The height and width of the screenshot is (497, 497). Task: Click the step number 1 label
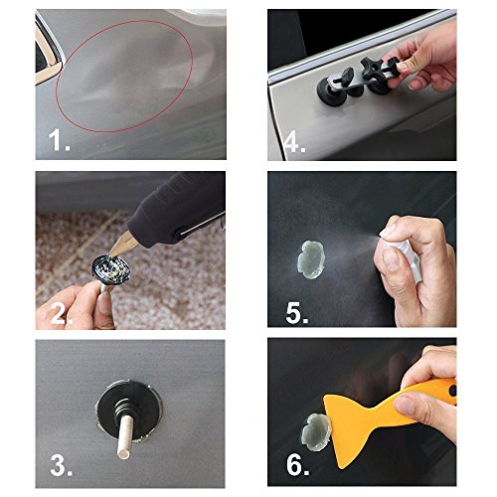click(x=59, y=140)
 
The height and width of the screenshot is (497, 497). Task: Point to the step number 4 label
click(x=294, y=143)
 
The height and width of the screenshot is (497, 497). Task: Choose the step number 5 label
click(x=296, y=312)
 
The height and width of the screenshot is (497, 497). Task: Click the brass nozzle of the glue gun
click(x=124, y=246)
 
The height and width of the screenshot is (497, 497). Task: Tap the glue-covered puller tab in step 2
click(x=111, y=269)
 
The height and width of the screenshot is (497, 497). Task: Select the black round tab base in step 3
click(x=129, y=411)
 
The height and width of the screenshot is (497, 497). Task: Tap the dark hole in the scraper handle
click(x=453, y=391)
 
